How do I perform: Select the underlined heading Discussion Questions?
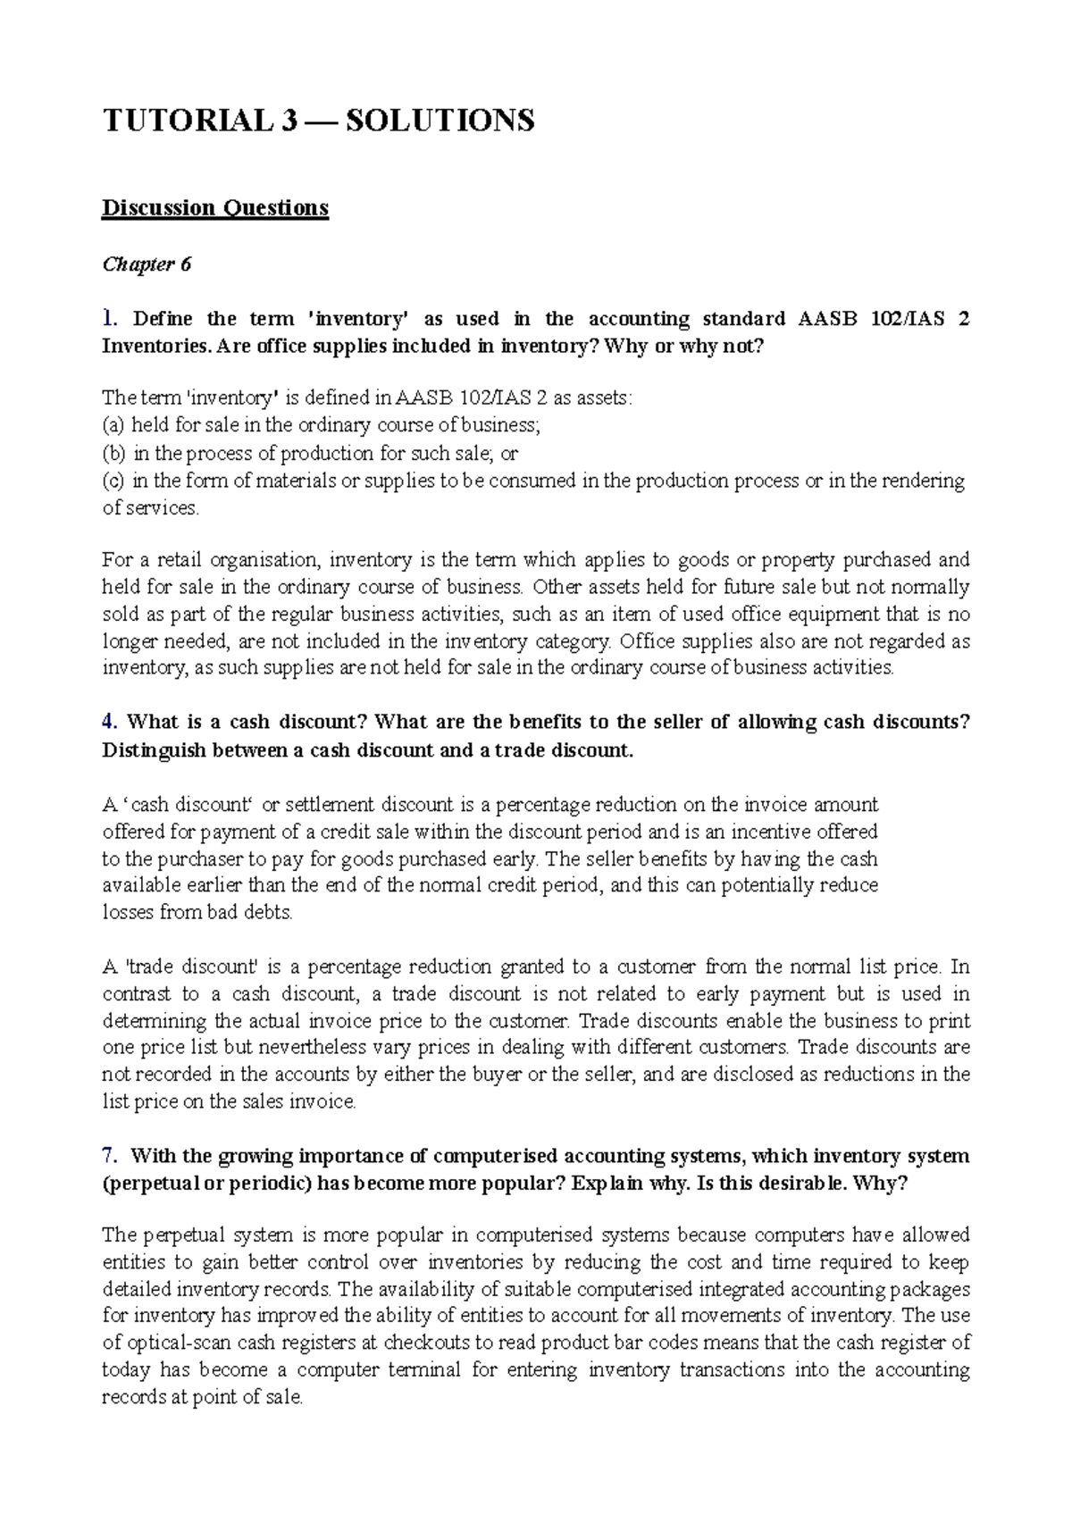[215, 208]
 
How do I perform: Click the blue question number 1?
[109, 319]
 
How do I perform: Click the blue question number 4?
[109, 722]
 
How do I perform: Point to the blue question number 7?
[109, 1156]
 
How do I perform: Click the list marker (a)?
[113, 425]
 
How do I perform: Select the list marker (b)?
[113, 453]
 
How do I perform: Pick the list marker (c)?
[113, 481]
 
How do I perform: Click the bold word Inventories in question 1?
[157, 347]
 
